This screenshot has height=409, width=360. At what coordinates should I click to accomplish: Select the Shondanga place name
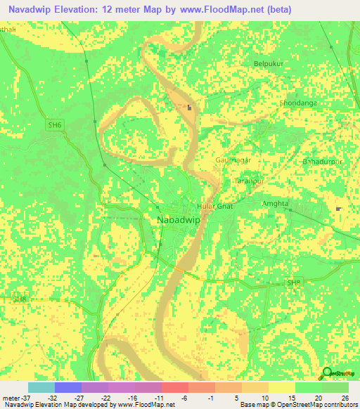tap(281, 103)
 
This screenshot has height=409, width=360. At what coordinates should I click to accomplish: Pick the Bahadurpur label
tap(323, 162)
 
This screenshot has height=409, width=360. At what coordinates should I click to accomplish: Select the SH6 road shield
tap(54, 125)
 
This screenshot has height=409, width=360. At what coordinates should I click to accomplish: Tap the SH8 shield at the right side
tap(293, 283)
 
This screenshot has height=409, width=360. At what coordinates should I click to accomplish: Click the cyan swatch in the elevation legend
tap(41, 387)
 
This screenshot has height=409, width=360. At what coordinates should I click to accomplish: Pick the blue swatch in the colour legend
tap(67, 387)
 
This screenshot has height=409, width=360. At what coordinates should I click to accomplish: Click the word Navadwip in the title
tap(31, 10)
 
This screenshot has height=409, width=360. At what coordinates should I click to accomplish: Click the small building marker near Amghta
tap(340, 209)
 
